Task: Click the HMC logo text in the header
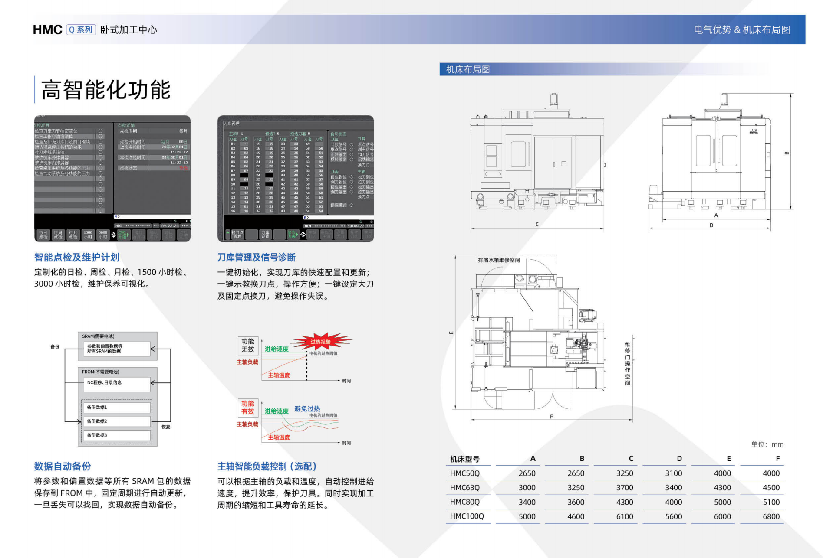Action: [47, 29]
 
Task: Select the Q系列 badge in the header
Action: [81, 29]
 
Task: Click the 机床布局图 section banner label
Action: [468, 69]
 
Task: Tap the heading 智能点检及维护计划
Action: [77, 258]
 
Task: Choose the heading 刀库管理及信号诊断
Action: [256, 258]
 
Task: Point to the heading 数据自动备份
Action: [63, 467]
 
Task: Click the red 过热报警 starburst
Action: [321, 342]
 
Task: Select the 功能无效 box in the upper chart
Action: [248, 346]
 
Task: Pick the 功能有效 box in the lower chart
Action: [248, 408]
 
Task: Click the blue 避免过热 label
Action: [307, 409]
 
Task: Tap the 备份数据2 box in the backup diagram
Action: [116, 421]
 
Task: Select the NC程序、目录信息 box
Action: [116, 383]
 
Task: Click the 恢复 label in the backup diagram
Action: [166, 427]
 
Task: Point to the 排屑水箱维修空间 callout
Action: [499, 260]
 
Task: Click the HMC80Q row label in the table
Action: [465, 502]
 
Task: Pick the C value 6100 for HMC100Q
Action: [625, 516]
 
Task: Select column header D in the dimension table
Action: [679, 459]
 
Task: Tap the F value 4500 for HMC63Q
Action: [771, 488]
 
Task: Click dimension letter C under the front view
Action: [537, 225]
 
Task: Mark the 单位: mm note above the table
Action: [767, 444]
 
